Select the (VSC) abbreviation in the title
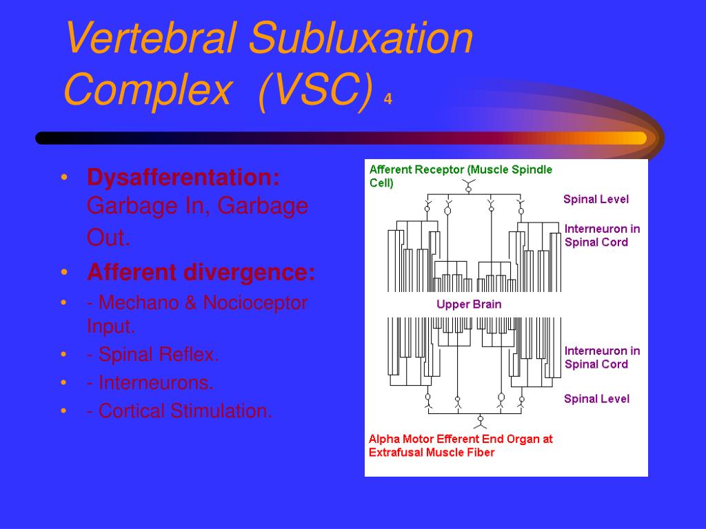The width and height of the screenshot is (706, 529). click(316, 90)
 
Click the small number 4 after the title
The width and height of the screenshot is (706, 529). click(387, 98)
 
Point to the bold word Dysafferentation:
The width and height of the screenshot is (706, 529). click(183, 177)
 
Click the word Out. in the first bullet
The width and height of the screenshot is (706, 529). click(108, 237)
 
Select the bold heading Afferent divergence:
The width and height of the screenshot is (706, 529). click(201, 272)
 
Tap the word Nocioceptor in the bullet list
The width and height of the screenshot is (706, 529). click(255, 303)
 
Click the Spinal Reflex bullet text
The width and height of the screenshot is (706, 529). click(152, 355)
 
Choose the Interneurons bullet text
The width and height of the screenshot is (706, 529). click(150, 383)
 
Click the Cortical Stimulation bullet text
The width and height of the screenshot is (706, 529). click(180, 411)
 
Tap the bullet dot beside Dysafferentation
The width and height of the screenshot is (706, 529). click(64, 177)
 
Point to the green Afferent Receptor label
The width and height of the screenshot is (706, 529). click(461, 176)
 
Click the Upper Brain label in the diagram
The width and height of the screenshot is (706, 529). click(469, 304)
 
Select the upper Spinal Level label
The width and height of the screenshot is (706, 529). click(596, 199)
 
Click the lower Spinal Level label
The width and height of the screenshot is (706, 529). click(596, 399)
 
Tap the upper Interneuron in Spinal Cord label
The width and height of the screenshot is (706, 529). click(602, 236)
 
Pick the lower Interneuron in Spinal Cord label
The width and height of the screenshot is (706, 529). click(602, 357)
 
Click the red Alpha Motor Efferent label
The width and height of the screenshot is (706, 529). click(460, 446)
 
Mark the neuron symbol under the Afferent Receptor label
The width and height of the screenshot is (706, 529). click(468, 186)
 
